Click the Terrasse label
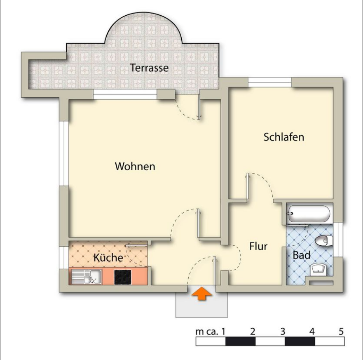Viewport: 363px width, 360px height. point(149,68)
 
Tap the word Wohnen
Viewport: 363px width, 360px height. point(135,167)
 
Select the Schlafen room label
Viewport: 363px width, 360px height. point(283,137)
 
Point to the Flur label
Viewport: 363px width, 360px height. point(258,247)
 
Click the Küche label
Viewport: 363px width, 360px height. point(108,258)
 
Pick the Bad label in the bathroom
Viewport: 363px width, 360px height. point(302,255)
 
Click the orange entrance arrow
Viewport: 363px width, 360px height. point(202,294)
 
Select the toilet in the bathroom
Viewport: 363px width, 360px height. point(323,240)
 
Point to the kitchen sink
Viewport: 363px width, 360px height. point(85,276)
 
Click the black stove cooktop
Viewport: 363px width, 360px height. point(123,276)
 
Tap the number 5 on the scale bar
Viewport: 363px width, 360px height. point(341,331)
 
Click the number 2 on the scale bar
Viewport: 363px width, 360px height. point(253,331)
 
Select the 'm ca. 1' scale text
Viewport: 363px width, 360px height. point(210,332)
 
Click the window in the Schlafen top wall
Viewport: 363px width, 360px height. point(270,82)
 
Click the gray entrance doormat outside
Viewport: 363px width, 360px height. point(201,307)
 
